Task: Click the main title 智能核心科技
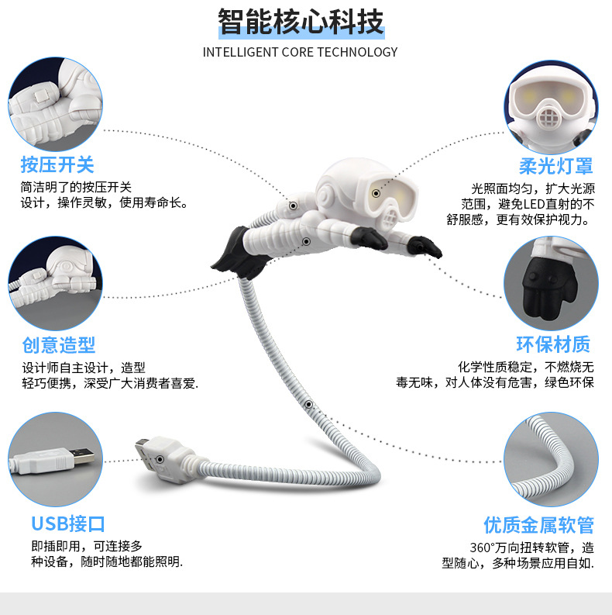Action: click(x=301, y=23)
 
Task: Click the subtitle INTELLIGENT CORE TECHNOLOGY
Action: click(x=301, y=52)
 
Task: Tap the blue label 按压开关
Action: click(x=57, y=164)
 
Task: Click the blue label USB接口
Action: click(x=68, y=523)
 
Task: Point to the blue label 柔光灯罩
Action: click(x=556, y=166)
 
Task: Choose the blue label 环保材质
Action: click(x=554, y=344)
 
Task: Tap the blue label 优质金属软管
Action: click(x=539, y=525)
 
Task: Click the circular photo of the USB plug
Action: click(x=56, y=458)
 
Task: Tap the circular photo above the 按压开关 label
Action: click(x=56, y=106)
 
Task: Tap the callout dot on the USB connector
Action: click(x=160, y=459)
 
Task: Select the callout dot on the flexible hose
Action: click(x=308, y=405)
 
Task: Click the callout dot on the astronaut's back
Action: click(x=294, y=206)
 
